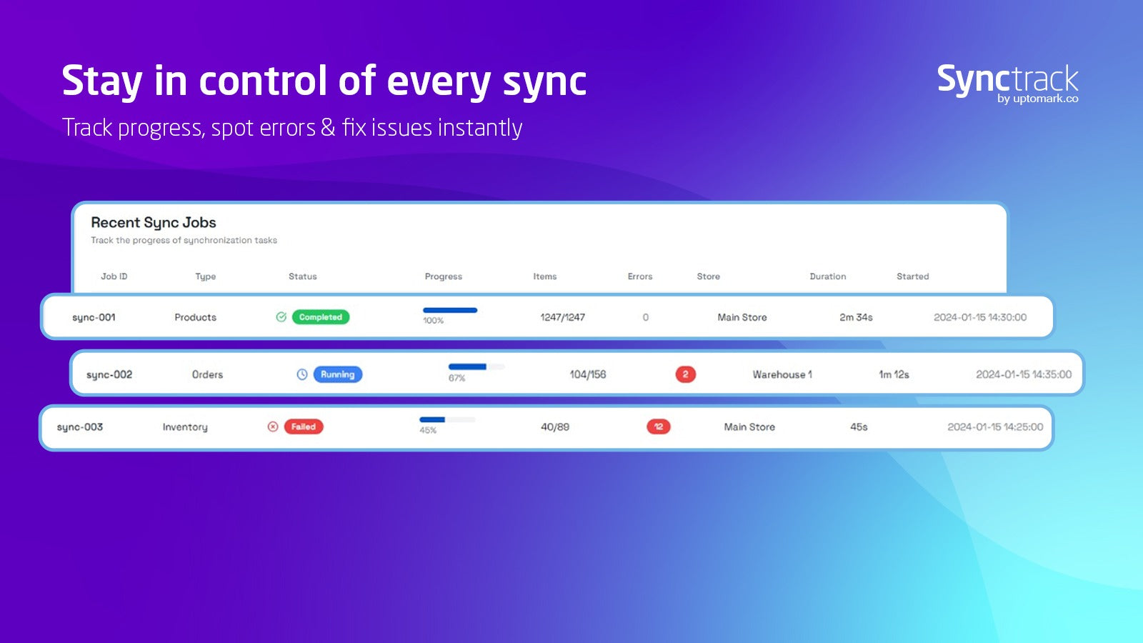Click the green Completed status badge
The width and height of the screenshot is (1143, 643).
pyautogui.click(x=321, y=317)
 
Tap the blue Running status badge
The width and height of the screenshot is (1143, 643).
pyautogui.click(x=337, y=374)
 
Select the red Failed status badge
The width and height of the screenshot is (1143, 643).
pyautogui.click(x=304, y=427)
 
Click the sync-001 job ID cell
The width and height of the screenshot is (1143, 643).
pyautogui.click(x=94, y=317)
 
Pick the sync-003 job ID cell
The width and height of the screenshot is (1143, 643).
pyautogui.click(x=79, y=427)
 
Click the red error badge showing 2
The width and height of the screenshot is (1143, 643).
pyautogui.click(x=685, y=374)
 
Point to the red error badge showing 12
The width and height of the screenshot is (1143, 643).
pyautogui.click(x=658, y=427)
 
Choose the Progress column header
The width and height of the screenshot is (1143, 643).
pyautogui.click(x=444, y=276)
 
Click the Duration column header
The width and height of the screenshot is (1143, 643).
pyautogui.click(x=828, y=276)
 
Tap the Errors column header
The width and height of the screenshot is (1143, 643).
pyautogui.click(x=640, y=276)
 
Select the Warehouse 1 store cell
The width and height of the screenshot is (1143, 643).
pyautogui.click(x=782, y=374)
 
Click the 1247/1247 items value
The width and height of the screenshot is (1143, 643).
pyautogui.click(x=562, y=317)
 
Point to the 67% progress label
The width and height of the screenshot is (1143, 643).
pyautogui.click(x=456, y=378)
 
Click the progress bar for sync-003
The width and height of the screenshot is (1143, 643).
pyautogui.click(x=447, y=419)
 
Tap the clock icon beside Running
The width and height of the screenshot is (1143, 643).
pyautogui.click(x=302, y=374)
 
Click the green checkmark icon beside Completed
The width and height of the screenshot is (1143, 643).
pyautogui.click(x=281, y=317)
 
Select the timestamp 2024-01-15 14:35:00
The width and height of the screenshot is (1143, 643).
pyautogui.click(x=1024, y=374)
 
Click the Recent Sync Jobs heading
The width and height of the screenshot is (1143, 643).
pyautogui.click(x=154, y=222)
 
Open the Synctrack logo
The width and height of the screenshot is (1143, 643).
pyautogui.click(x=1008, y=84)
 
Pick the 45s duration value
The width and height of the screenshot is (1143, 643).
pyautogui.click(x=859, y=427)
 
